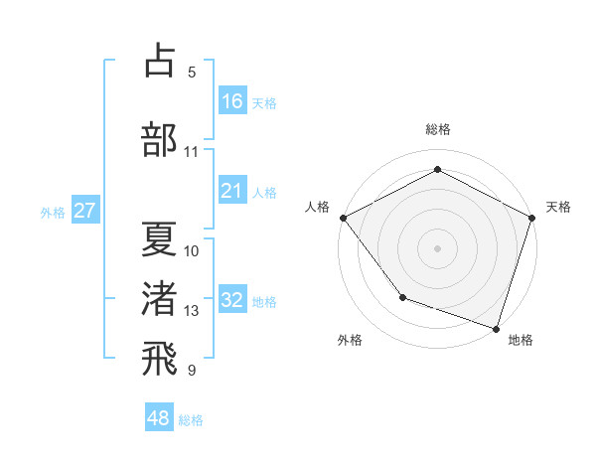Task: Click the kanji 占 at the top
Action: tap(159, 61)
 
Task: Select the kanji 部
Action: tap(159, 139)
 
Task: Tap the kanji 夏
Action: tap(159, 237)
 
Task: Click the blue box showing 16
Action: tap(232, 101)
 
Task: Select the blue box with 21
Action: tap(232, 192)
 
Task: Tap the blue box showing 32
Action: tap(232, 301)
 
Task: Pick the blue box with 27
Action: tap(85, 212)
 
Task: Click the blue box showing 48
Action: tap(159, 418)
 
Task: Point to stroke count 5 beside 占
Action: tap(192, 73)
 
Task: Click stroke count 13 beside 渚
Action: tap(192, 311)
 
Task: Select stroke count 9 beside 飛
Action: tap(192, 371)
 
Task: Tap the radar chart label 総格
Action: tap(437, 129)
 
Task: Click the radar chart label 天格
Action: tap(558, 207)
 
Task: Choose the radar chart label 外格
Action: tap(350, 340)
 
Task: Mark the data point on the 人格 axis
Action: tap(343, 217)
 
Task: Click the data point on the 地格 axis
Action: tap(496, 327)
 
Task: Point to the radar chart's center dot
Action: tap(437, 247)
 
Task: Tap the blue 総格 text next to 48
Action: tap(191, 420)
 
